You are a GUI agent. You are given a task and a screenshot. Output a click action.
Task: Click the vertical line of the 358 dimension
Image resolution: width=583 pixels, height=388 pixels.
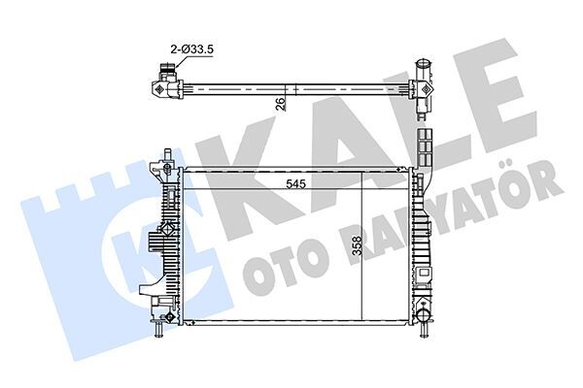(x=362, y=252)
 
